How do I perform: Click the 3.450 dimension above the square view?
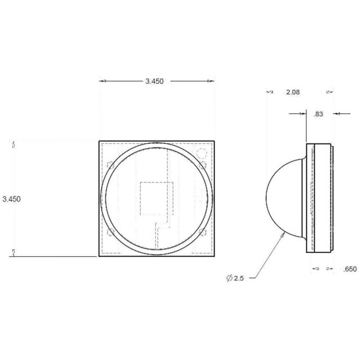pyautogui.click(x=154, y=81)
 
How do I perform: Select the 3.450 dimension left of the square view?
pyautogui.click(x=12, y=199)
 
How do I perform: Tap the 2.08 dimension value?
pyautogui.click(x=293, y=92)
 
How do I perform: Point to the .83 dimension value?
pyautogui.click(x=318, y=114)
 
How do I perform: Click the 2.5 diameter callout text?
pyautogui.click(x=239, y=278)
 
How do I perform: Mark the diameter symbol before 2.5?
pyautogui.click(x=229, y=278)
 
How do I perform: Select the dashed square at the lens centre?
pyautogui.click(x=156, y=199)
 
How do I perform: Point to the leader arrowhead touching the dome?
pyautogui.click(x=283, y=234)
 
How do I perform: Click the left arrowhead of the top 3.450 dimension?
pyautogui.click(x=103, y=81)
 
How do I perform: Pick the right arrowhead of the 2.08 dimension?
pyautogui.click(x=329, y=92)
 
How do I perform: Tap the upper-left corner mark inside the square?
pyautogui.click(x=111, y=165)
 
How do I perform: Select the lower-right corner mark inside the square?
pyautogui.click(x=202, y=232)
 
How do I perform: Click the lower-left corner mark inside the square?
pyautogui.click(x=111, y=232)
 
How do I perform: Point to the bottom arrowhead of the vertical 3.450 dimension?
pyautogui.click(x=14, y=253)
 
